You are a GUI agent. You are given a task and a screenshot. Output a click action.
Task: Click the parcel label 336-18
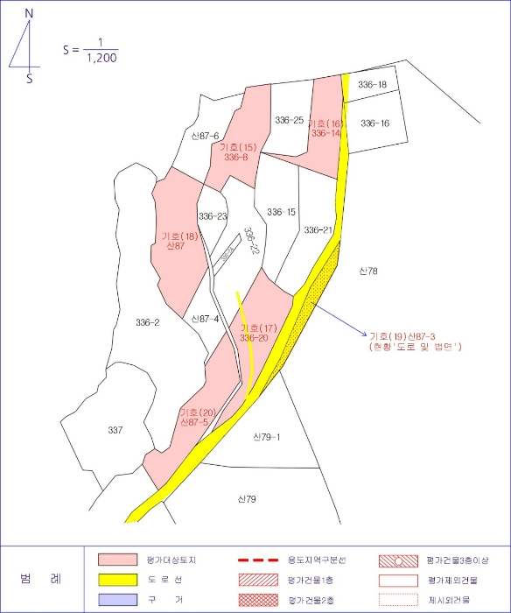click(x=372, y=85)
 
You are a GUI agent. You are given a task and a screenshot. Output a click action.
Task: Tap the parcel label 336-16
click(x=374, y=123)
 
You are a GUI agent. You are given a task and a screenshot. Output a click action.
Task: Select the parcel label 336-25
click(x=289, y=120)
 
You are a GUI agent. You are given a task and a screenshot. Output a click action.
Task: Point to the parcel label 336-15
click(x=281, y=212)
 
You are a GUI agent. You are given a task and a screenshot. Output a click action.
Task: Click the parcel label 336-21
click(x=318, y=230)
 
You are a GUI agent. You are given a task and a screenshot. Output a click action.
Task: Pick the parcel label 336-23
click(x=213, y=216)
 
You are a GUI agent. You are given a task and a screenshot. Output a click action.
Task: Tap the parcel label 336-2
click(x=148, y=323)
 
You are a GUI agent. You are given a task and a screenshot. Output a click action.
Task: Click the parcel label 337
click(x=115, y=430)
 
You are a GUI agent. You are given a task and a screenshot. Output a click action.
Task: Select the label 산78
click(x=367, y=271)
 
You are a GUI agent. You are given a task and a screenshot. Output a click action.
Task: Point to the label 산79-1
click(x=266, y=437)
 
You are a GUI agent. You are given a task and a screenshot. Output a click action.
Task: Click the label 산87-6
click(x=205, y=136)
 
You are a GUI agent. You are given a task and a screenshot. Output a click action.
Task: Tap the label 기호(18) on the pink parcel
click(x=179, y=236)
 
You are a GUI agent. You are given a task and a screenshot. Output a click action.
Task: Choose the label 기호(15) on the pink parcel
click(x=237, y=147)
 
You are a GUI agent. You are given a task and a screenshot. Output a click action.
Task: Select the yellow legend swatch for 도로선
click(x=117, y=580)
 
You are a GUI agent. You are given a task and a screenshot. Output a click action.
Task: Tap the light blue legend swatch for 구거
click(x=117, y=600)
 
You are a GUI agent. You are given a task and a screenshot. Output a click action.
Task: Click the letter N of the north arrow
click(x=29, y=15)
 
